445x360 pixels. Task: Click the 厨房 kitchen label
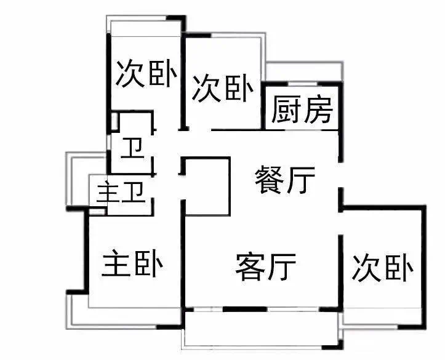302,110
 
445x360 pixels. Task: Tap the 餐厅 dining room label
284,180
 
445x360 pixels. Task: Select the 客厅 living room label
266,266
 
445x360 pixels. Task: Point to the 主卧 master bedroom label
132,263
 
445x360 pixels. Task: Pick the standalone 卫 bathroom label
133,148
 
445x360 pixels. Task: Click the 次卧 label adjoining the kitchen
223,87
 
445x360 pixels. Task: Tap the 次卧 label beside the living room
383,268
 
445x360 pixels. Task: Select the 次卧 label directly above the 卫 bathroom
146,73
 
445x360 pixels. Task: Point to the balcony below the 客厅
262,329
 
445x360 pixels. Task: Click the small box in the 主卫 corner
97,212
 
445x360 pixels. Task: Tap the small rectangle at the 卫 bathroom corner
114,122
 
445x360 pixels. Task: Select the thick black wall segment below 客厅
245,309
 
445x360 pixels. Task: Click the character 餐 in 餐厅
269,180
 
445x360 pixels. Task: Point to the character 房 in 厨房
318,110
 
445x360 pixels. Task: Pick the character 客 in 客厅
251,266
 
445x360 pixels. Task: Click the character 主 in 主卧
116,263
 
